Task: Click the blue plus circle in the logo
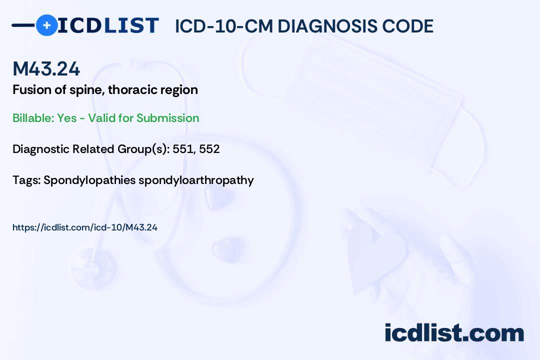tap(46, 25)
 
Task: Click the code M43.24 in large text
tap(46, 69)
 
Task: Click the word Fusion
tap(29, 90)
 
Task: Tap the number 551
tap(182, 149)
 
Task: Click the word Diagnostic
tap(41, 149)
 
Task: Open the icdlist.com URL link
tap(84, 227)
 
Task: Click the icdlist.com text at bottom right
tap(454, 333)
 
